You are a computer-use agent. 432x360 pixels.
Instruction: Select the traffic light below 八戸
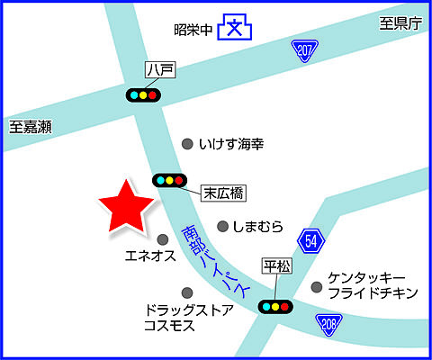[x=143, y=94]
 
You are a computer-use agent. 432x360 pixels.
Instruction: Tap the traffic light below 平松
[x=276, y=306]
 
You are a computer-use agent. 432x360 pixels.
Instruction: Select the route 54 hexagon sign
[x=310, y=240]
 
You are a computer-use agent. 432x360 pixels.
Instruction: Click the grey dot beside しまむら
[x=222, y=226]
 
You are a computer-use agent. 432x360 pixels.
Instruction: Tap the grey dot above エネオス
[x=163, y=239]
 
